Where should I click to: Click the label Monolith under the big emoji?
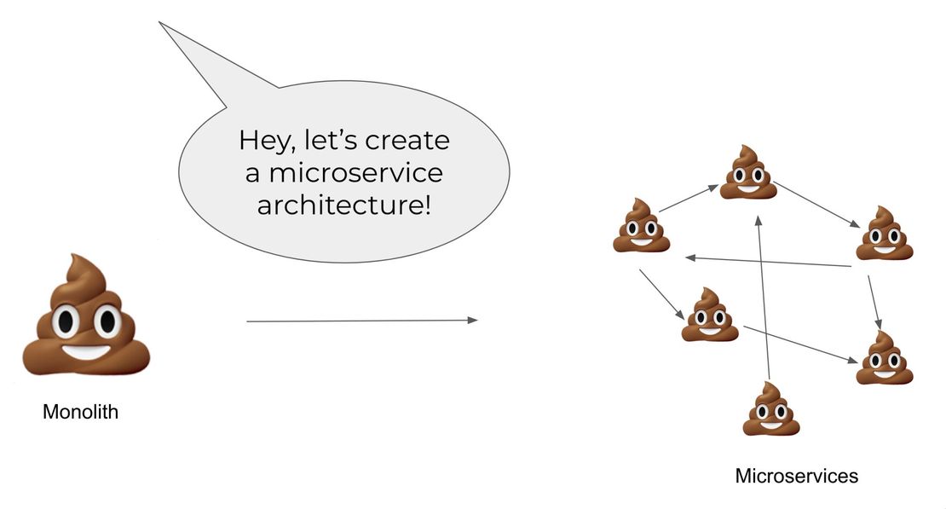tap(80, 414)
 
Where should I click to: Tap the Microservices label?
tap(796, 476)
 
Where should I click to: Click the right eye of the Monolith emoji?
tap(107, 321)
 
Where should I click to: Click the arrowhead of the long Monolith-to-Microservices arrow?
tap(472, 321)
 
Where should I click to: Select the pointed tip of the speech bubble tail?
tap(161, 23)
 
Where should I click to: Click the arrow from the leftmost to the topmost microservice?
tap(689, 199)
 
